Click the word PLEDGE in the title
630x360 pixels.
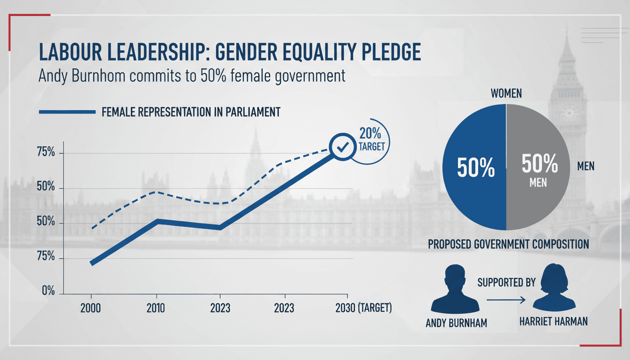[391, 52]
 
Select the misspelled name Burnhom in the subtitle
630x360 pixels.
[98, 75]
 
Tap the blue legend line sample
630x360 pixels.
[67, 112]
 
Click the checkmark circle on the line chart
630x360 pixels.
[343, 147]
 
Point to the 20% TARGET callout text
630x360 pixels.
[371, 140]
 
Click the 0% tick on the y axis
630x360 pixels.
[48, 291]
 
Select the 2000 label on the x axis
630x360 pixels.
[90, 308]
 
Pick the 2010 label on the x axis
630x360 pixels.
[156, 308]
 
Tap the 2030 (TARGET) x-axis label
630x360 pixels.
[363, 308]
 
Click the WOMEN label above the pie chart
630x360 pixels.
[506, 93]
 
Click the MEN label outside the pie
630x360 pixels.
[586, 166]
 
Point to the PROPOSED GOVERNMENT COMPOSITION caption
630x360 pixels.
[509, 244]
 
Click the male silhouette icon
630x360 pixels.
[455, 289]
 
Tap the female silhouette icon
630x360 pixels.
[554, 287]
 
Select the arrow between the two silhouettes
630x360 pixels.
[506, 300]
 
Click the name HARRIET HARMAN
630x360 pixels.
[554, 322]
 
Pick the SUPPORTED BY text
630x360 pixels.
[507, 282]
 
